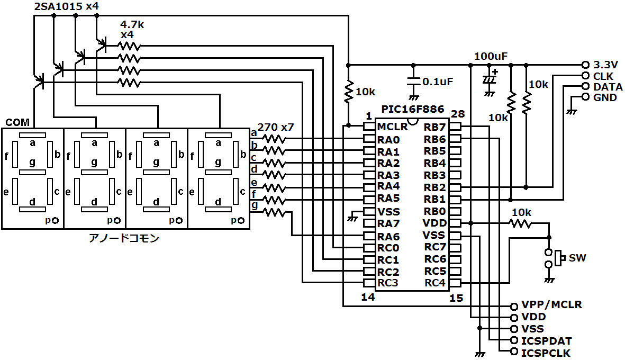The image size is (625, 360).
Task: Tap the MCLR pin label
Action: click(392, 127)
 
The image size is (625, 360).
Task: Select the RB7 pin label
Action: click(434, 127)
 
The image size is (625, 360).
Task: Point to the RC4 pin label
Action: click(434, 283)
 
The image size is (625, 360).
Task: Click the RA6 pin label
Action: click(388, 236)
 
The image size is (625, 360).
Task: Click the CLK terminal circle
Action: click(585, 76)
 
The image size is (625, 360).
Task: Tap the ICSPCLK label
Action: click(546, 353)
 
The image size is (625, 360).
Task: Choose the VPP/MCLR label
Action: click(551, 305)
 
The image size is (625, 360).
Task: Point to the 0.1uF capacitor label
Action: click(438, 82)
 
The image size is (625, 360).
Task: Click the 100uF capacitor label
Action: click(491, 56)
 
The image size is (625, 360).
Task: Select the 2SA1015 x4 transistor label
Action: click(66, 7)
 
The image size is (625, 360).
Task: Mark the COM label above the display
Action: click(17, 122)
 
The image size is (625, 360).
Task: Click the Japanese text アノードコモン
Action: click(124, 238)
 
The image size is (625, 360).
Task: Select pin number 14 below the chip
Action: click(368, 298)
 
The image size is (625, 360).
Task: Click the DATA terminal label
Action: click(608, 87)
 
